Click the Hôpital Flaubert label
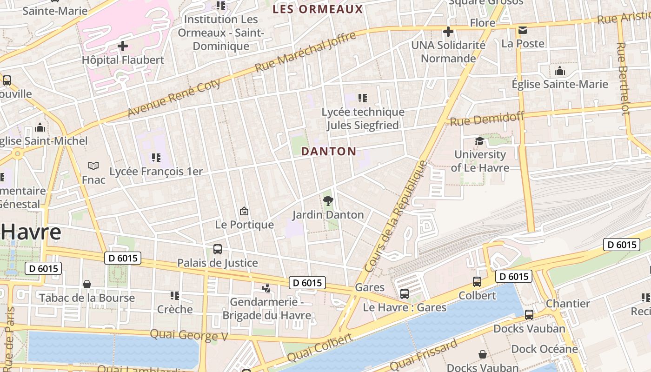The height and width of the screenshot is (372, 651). pos(123,60)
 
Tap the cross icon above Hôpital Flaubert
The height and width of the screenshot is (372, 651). pos(123,46)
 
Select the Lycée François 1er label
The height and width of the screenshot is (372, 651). pos(156,172)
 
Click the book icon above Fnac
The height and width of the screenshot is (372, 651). pos(93,166)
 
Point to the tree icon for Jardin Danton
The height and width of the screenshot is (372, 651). pos(328,201)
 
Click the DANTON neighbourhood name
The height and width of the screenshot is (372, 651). pos(329,152)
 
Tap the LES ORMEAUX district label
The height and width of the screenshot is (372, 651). pos(318,9)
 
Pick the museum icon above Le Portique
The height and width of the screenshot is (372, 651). pos(244,212)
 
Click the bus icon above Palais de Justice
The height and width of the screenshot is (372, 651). pos(218,249)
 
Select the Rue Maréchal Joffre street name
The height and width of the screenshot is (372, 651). pos(306,51)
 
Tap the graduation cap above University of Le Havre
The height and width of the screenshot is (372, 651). pos(479,141)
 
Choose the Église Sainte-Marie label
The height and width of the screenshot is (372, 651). pos(560,84)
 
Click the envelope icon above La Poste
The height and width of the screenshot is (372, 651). pos(523,30)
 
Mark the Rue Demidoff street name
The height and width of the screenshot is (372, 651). pos(487,119)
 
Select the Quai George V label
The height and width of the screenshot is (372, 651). pos(189,335)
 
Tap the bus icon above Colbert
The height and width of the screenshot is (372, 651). pos(477,282)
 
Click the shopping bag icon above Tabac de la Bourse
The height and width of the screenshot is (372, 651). pos(87,284)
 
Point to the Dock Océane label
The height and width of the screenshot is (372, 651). pos(545,349)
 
